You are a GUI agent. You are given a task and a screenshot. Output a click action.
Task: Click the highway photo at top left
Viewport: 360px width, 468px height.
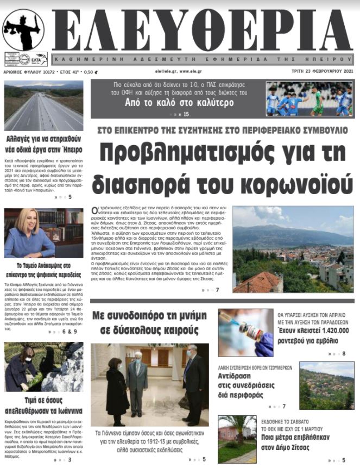44,105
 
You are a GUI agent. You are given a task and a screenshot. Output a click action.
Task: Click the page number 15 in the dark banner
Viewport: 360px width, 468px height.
186,114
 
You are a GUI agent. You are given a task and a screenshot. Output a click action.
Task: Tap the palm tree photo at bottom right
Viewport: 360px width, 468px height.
237,439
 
